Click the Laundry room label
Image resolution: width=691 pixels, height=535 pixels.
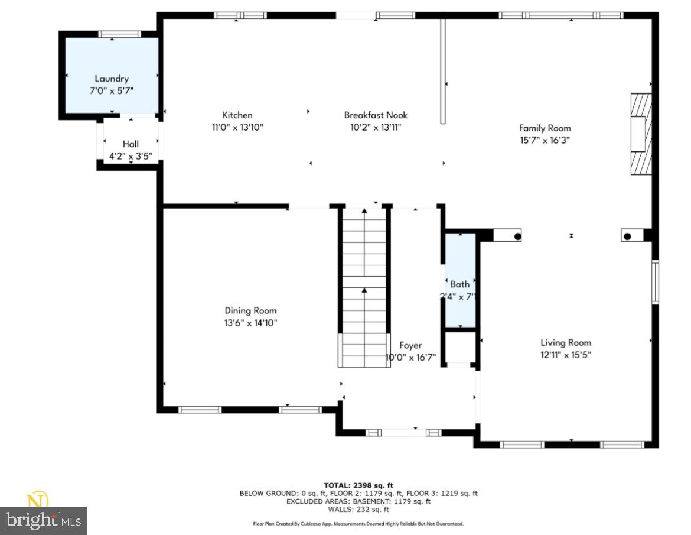click(112, 79)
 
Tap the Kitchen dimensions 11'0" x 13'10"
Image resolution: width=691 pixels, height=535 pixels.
click(237, 127)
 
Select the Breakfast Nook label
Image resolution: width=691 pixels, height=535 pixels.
click(376, 115)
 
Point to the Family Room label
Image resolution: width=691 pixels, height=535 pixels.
click(545, 128)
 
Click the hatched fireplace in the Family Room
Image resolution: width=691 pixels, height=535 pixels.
click(640, 134)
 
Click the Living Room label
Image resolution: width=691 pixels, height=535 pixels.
click(565, 342)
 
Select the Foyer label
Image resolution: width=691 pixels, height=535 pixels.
click(410, 345)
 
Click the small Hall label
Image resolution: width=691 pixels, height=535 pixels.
click(131, 144)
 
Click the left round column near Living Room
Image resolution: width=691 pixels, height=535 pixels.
click(517, 236)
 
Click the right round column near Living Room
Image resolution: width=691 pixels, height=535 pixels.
click(627, 236)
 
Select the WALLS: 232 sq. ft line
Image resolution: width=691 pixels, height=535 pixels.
click(358, 509)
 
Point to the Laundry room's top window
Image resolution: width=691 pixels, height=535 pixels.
click(112, 34)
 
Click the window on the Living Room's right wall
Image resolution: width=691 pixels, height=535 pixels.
click(655, 282)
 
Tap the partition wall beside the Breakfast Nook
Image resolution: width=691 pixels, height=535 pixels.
click(442, 71)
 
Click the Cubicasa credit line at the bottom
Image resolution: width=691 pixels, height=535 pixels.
click(358, 524)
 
